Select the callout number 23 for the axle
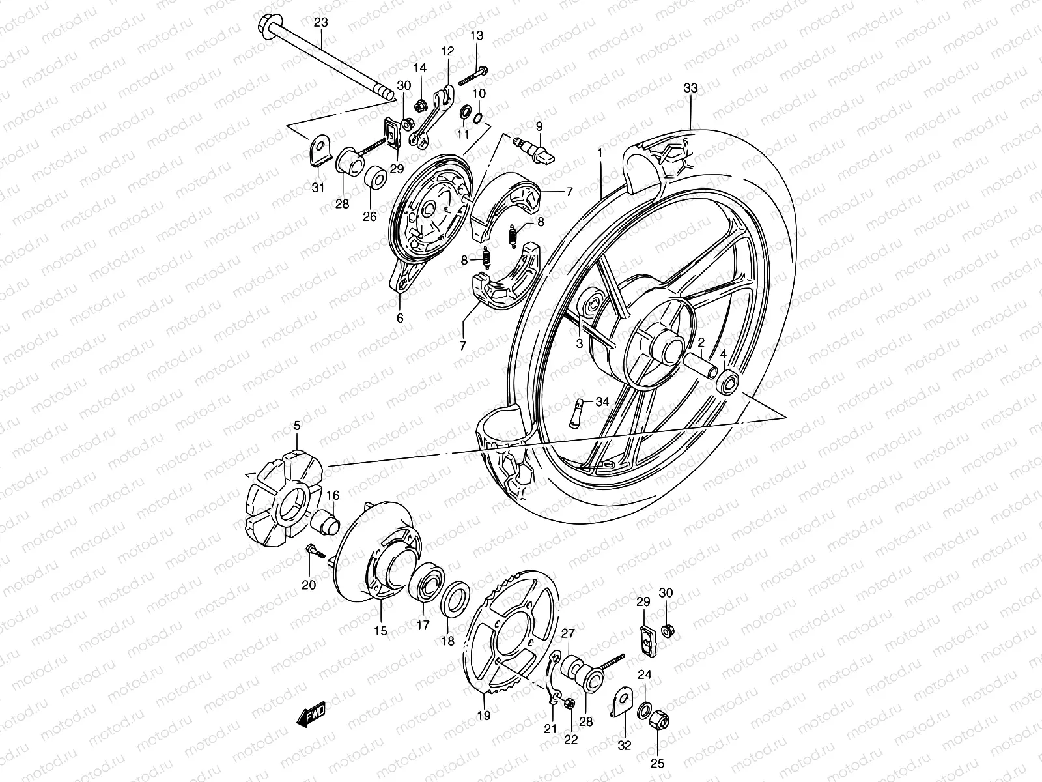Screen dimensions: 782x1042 [321, 23]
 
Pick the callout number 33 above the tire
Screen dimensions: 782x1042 [690, 87]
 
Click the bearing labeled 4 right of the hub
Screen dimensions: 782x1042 [727, 382]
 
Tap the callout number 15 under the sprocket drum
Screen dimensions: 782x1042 [380, 631]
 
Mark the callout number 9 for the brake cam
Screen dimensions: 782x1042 [539, 125]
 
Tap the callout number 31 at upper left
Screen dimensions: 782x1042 [317, 188]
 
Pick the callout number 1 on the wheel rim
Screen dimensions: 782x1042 [600, 152]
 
